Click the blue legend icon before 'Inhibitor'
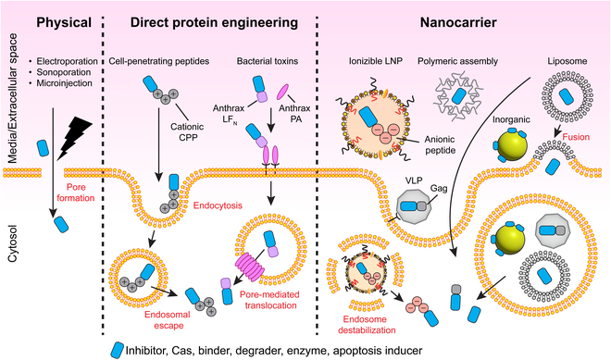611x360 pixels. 118,349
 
